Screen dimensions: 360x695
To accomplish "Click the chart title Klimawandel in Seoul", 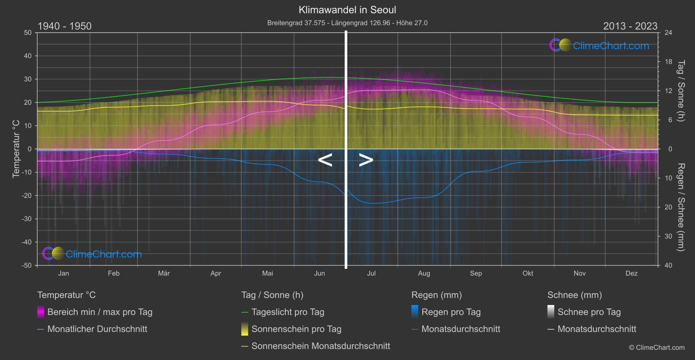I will click(x=347, y=10).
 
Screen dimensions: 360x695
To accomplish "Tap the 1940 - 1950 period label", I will click(x=65, y=26).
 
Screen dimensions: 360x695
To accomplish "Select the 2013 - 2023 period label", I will click(x=630, y=26).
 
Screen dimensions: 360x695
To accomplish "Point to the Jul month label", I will click(x=371, y=274).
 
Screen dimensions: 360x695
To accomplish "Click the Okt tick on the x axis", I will click(x=528, y=274).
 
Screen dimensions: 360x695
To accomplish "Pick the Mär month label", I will click(x=164, y=274).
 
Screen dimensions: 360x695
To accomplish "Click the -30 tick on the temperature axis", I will click(x=27, y=219).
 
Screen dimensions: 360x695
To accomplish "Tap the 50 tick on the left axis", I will click(x=28, y=33).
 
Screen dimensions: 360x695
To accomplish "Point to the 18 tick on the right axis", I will click(x=668, y=62).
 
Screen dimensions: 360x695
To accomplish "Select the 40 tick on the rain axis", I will click(x=668, y=265).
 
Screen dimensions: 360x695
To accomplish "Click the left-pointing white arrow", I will click(x=325, y=160).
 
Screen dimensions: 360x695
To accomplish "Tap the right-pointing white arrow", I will click(x=366, y=160).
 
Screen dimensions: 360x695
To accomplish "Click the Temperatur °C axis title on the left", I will click(x=16, y=149).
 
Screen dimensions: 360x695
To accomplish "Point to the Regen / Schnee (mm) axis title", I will click(x=681, y=207).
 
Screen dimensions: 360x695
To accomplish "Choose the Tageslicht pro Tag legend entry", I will click(x=288, y=312).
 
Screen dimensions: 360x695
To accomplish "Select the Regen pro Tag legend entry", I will click(x=451, y=312).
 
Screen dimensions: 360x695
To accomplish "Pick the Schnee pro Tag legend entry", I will click(x=589, y=312).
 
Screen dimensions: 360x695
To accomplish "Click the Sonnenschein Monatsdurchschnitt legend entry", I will click(x=321, y=346).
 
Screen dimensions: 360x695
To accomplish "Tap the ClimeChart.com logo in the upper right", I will click(x=599, y=45).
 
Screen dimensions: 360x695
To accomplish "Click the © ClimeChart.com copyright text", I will click(x=657, y=348).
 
